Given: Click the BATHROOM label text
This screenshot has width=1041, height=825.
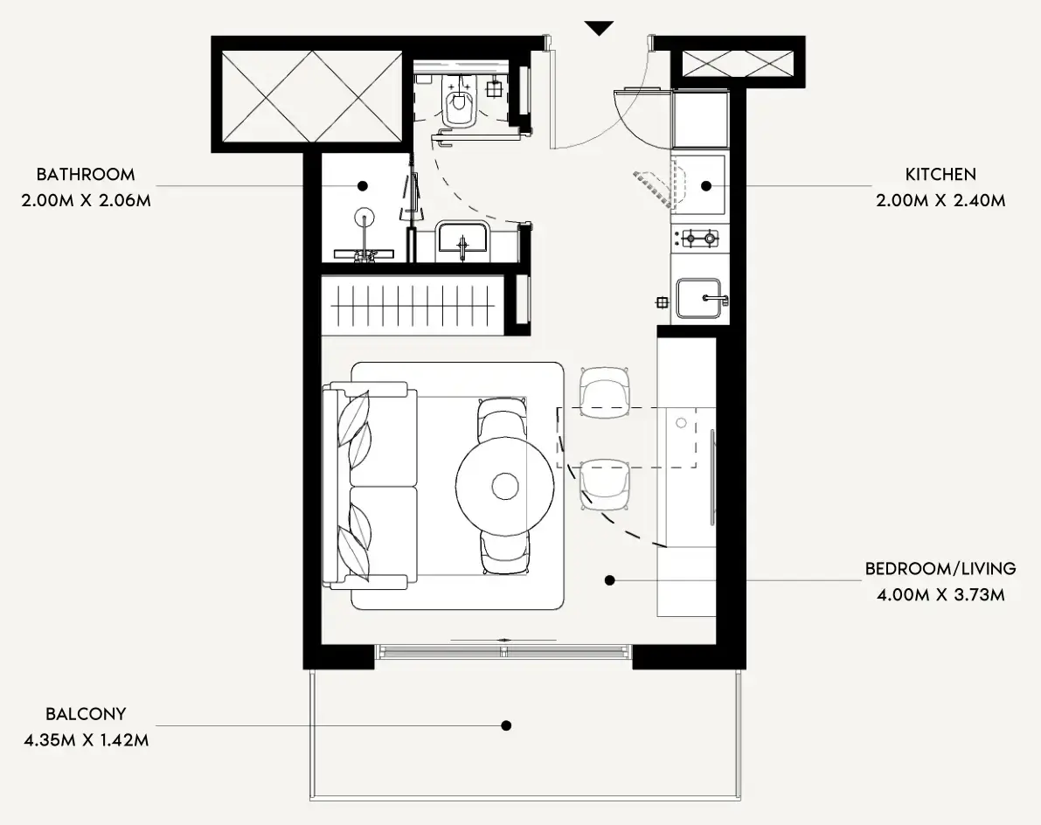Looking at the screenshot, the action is click(x=86, y=175).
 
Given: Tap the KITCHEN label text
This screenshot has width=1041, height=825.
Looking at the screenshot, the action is click(x=940, y=175).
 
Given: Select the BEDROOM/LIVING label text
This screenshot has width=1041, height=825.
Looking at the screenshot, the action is click(x=940, y=569).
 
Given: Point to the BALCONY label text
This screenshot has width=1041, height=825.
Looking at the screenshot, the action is click(x=86, y=714).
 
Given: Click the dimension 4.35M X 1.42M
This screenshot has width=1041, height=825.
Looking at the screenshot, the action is click(x=87, y=740).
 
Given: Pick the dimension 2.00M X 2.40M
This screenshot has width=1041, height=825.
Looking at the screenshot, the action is click(x=940, y=200).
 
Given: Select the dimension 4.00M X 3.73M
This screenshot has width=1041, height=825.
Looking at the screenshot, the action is click(x=940, y=594).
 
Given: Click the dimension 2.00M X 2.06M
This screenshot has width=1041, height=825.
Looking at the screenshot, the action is click(x=87, y=200).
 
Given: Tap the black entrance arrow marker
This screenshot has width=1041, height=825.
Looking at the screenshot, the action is click(x=599, y=29).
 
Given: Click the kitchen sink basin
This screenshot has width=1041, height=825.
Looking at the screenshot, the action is click(x=698, y=298).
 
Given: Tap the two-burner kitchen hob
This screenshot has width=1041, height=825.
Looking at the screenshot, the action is click(x=700, y=237).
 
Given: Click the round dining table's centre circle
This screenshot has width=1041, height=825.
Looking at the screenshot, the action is click(x=505, y=487).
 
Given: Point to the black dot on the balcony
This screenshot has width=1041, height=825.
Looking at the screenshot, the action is click(x=506, y=725).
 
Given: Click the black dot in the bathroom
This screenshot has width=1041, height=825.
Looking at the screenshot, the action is click(x=363, y=186).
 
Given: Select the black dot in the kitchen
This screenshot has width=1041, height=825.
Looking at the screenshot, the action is click(x=706, y=186).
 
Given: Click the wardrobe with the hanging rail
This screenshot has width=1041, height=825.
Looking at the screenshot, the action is click(x=413, y=306).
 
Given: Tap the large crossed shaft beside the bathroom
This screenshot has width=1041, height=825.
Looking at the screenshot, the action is click(x=312, y=97).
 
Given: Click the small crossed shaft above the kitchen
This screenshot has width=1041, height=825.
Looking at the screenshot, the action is click(x=738, y=65).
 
